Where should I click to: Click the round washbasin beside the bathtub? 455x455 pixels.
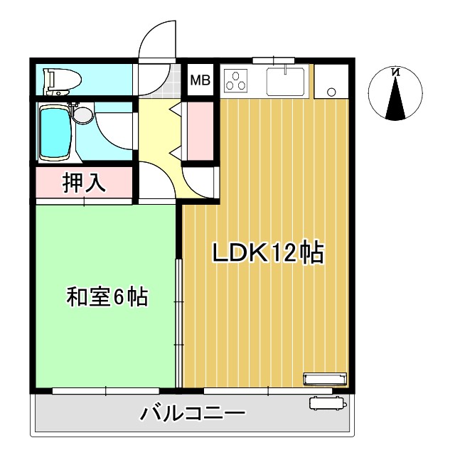click(82, 114)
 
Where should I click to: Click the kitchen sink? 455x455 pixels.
click(286, 81)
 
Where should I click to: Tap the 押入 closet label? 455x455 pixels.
click(85, 183)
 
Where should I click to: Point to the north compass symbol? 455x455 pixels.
click(396, 93)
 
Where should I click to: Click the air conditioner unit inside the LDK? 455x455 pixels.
click(326, 378)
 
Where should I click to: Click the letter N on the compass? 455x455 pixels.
click(396, 72)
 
